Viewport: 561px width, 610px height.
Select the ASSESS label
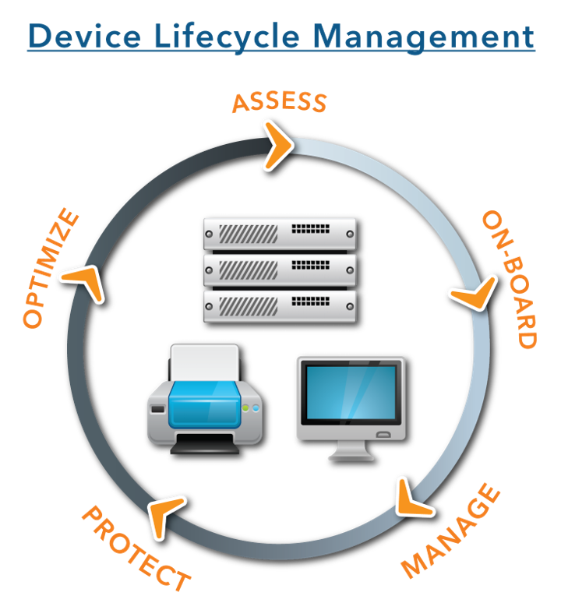click(x=279, y=102)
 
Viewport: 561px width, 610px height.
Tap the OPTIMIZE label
click(x=51, y=269)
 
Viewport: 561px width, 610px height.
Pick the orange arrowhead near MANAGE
click(x=411, y=499)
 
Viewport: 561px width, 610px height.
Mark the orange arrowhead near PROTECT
click(x=165, y=514)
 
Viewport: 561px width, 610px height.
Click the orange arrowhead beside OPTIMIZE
click(x=85, y=282)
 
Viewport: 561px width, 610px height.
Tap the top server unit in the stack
click(x=279, y=233)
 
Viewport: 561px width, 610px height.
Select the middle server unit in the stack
click(x=279, y=270)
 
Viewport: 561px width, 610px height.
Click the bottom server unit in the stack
click(x=279, y=305)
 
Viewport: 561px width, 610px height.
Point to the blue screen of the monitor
click(x=351, y=393)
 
